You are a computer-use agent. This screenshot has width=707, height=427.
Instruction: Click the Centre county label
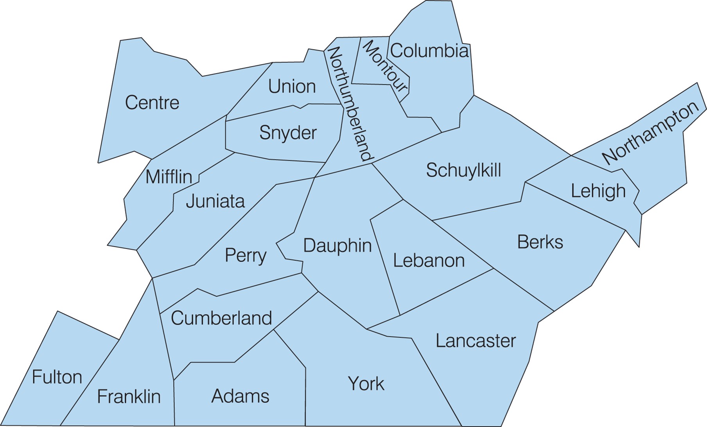pyautogui.click(x=152, y=103)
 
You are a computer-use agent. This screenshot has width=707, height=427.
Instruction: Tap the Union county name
pyautogui.click(x=292, y=86)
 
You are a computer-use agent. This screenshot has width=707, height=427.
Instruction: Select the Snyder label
pyautogui.click(x=288, y=133)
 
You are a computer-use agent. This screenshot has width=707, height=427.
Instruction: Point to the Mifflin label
pyautogui.click(x=169, y=177)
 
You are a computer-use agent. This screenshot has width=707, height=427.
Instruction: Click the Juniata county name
pyautogui.click(x=215, y=201)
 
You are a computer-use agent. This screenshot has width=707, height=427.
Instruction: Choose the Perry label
pyautogui.click(x=246, y=256)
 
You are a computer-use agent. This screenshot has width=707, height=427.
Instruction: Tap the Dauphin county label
pyautogui.click(x=337, y=246)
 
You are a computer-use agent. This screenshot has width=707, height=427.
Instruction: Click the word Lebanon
pyautogui.click(x=429, y=261)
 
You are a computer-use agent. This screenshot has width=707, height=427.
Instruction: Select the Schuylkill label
pyautogui.click(x=463, y=171)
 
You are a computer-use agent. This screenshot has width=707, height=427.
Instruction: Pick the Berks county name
pyautogui.click(x=540, y=242)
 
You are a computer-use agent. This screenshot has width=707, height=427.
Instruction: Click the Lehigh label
pyautogui.click(x=598, y=191)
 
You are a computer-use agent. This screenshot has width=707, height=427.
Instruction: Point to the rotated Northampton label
pyautogui.click(x=650, y=133)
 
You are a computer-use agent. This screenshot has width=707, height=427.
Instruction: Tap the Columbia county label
pyautogui.click(x=429, y=51)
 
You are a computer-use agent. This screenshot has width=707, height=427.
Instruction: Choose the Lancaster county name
pyautogui.click(x=476, y=341)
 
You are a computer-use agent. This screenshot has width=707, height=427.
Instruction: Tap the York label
pyautogui.click(x=366, y=384)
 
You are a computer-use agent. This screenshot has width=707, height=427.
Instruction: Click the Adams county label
pyautogui.click(x=240, y=396)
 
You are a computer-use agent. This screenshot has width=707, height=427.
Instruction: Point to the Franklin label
pyautogui.click(x=129, y=396)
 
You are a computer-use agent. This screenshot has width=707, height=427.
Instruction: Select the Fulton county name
pyautogui.click(x=57, y=377)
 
